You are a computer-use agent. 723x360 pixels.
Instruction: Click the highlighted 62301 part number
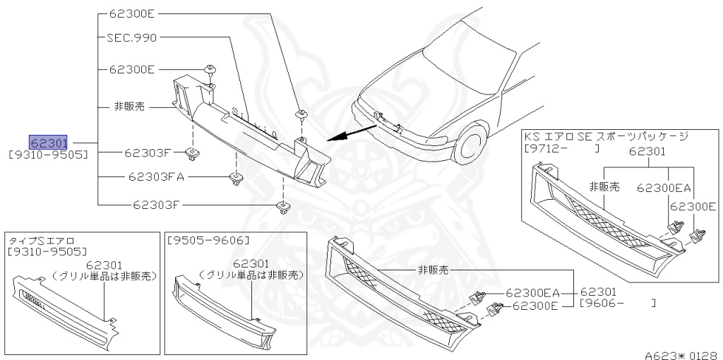pyautogui.click(x=48, y=141)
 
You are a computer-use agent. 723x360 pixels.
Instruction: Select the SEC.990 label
pyautogui.click(x=131, y=37)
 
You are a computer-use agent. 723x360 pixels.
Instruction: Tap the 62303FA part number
pyautogui.click(x=156, y=177)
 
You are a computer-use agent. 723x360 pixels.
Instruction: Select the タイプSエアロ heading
pyautogui.click(x=41, y=241)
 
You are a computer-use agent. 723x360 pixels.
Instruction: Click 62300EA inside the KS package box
pyautogui.click(x=664, y=188)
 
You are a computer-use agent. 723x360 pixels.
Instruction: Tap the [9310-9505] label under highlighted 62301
pyautogui.click(x=48, y=152)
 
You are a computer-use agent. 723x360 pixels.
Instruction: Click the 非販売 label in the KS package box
pyautogui.click(x=604, y=187)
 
